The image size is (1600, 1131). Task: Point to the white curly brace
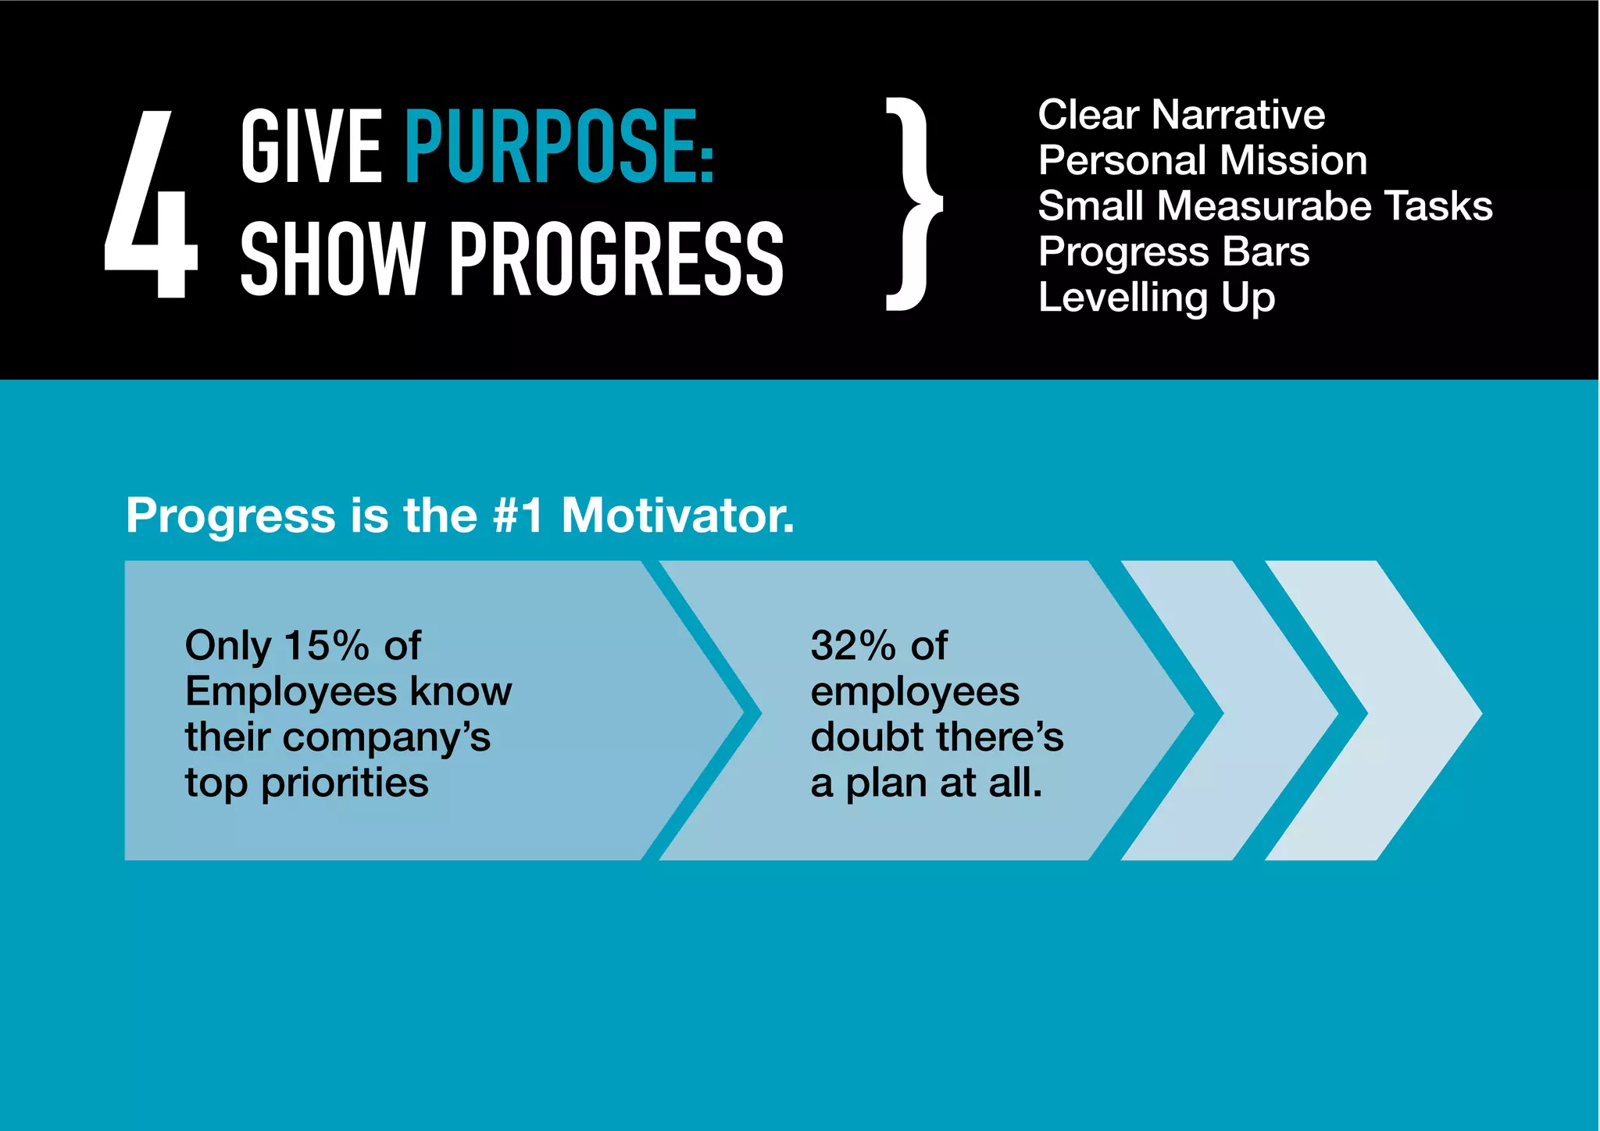tap(912, 205)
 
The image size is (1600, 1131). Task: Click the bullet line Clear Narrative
tap(1180, 115)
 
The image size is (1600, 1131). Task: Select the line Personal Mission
tap(1202, 160)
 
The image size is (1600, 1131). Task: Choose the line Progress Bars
tap(1173, 252)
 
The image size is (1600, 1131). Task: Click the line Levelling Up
tap(1156, 298)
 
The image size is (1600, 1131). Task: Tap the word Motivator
tap(677, 516)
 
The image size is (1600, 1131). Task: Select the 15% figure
tap(327, 646)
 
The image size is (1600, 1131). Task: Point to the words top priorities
tap(306, 783)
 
